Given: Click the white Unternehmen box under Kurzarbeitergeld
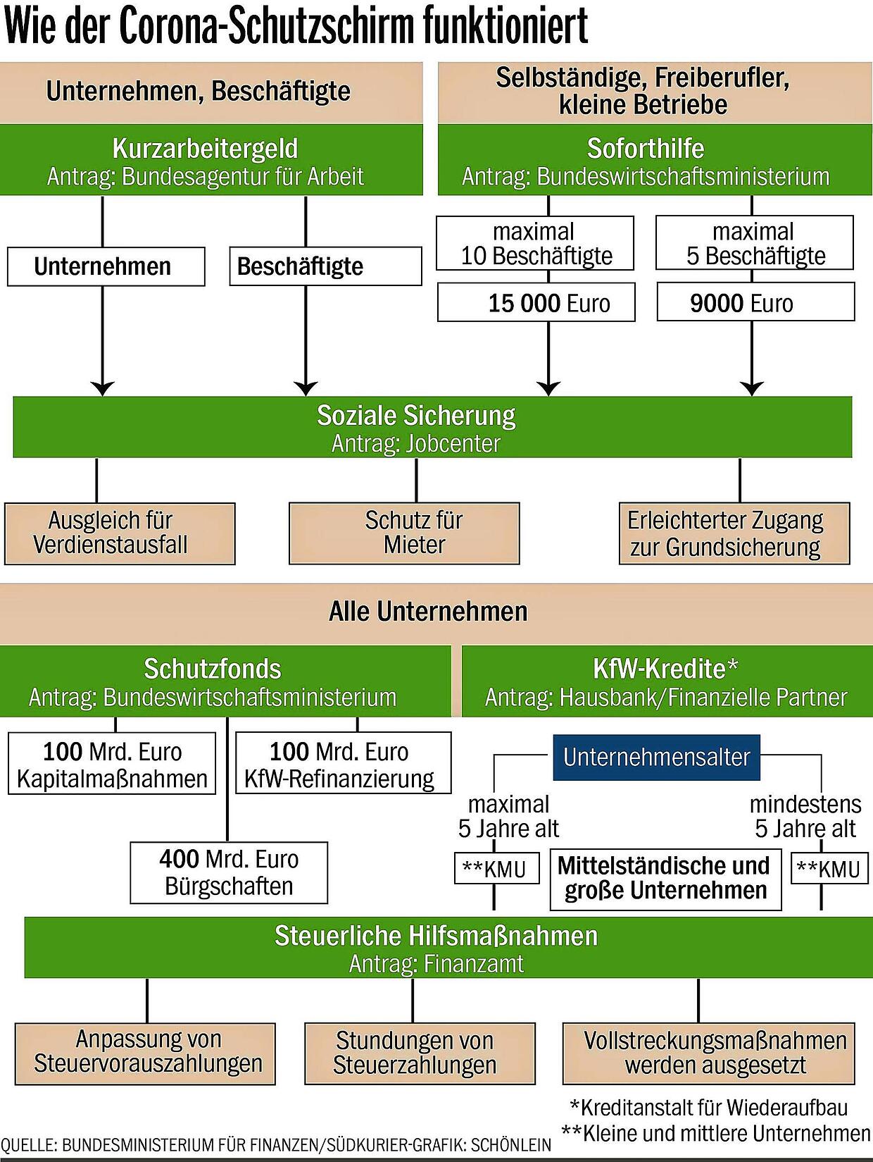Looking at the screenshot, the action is [x=106, y=266].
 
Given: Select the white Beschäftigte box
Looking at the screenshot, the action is [x=325, y=266].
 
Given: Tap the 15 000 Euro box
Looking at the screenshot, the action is [x=536, y=302].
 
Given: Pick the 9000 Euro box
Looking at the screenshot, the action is [x=755, y=302].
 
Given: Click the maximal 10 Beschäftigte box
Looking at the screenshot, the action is [x=535, y=243].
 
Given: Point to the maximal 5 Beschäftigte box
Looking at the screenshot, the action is [x=755, y=243].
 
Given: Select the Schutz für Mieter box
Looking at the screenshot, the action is [x=404, y=533].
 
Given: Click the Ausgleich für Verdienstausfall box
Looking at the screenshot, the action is [x=120, y=533].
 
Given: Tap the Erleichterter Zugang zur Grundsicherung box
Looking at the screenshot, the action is [x=734, y=533].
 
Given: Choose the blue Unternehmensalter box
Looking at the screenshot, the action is [x=657, y=757].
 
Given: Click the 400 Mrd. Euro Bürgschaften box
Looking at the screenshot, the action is [x=229, y=872].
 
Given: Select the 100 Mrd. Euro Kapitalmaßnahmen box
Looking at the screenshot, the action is [x=112, y=763].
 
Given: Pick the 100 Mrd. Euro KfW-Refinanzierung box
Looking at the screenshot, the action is [x=343, y=763].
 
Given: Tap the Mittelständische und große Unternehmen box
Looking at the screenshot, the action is [x=666, y=880].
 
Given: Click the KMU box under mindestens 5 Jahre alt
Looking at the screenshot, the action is [x=829, y=868].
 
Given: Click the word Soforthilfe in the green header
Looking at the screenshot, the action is [x=646, y=149].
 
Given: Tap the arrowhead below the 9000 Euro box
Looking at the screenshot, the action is [x=751, y=388].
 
